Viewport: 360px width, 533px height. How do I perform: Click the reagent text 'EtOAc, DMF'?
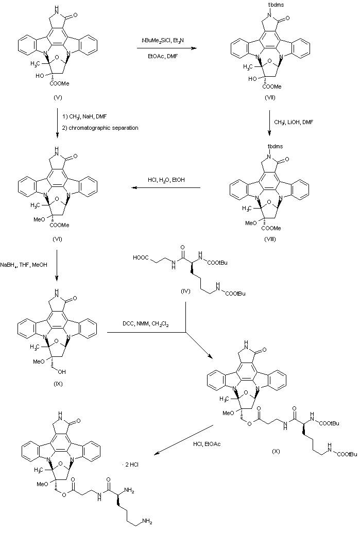click(161, 58)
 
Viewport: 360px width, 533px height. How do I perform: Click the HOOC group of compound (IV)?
click(142, 256)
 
